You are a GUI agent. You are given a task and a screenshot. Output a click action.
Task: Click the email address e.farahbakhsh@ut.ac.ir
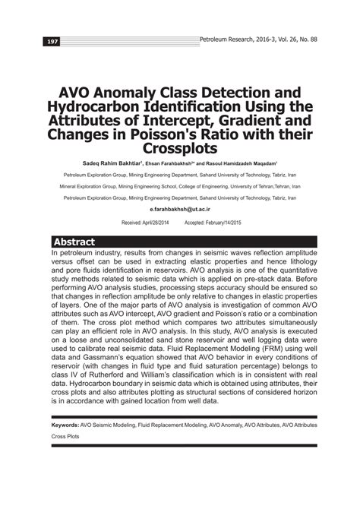point(180,207)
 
